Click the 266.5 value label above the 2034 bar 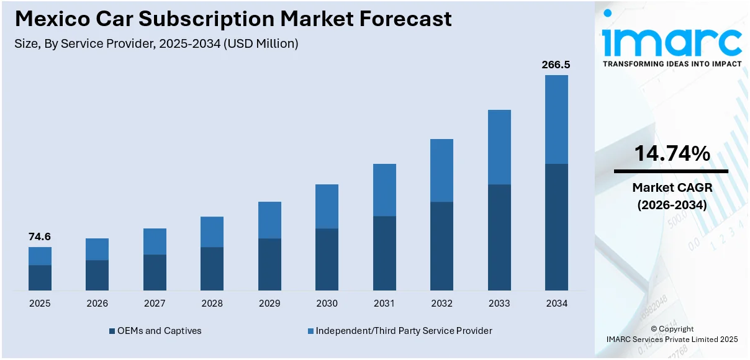(556, 65)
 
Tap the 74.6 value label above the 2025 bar (40, 236)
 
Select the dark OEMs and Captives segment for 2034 (556, 227)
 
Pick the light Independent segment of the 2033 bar (499, 147)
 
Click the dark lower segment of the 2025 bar (40, 277)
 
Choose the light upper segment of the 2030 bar (327, 206)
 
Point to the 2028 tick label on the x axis (212, 304)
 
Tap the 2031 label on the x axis (384, 304)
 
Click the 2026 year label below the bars (97, 304)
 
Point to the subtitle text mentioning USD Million (156, 43)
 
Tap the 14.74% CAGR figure (672, 153)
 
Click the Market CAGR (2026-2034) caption (672, 196)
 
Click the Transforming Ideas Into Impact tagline (672, 64)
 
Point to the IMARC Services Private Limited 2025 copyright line (672, 339)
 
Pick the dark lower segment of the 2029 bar (269, 264)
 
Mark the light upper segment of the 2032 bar (441, 170)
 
